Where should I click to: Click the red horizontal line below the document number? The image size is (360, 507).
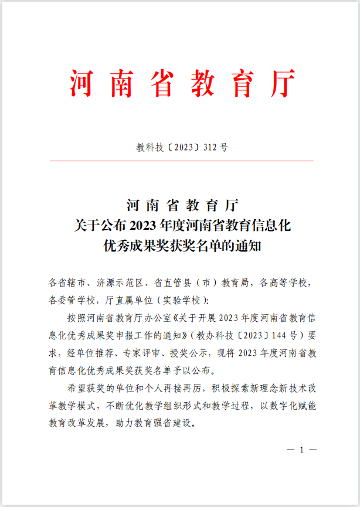(x=180, y=161)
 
